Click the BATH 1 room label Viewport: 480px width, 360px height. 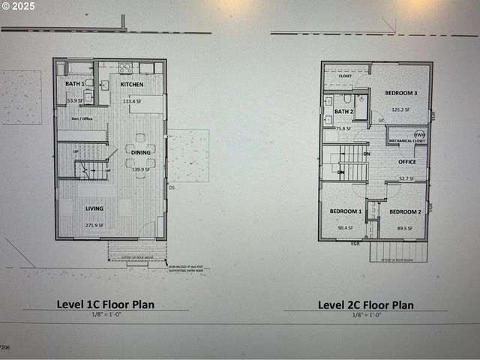tap(75, 84)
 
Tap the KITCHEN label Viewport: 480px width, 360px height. tap(131, 84)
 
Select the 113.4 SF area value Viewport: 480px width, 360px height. tap(132, 100)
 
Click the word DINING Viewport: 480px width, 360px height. tap(140, 152)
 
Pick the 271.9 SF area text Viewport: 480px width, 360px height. tap(94, 225)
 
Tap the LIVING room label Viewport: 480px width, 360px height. tap(94, 208)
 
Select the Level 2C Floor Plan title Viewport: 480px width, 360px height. tap(365, 304)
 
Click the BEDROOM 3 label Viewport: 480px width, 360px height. tap(401, 93)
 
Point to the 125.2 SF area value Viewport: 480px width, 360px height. tap(401, 109)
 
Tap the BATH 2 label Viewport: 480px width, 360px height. tap(343, 112)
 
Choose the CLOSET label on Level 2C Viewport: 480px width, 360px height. tap(345, 76)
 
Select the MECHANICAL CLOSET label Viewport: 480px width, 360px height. tap(407, 141)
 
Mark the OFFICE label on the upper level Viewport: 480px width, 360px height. tap(407, 162)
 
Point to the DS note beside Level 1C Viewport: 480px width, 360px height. tap(172, 187)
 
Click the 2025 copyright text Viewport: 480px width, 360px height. tap(19, 5)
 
